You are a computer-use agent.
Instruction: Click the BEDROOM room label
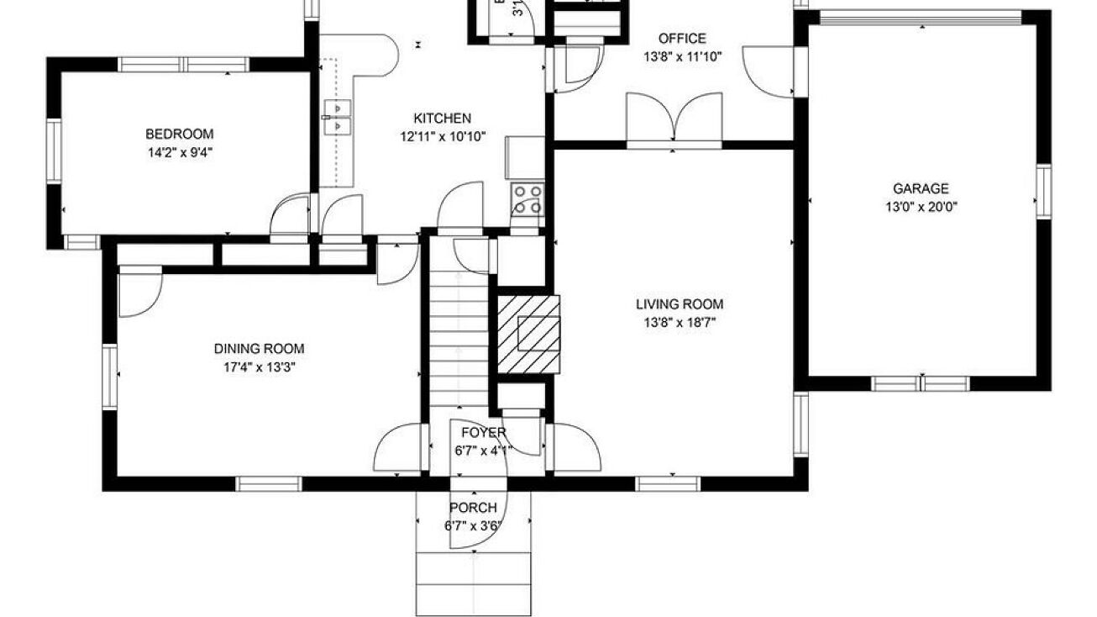tap(179, 134)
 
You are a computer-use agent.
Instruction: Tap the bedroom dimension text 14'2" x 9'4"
tap(179, 152)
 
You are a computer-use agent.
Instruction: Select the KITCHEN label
tap(442, 119)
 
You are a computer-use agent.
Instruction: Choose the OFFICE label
tap(681, 39)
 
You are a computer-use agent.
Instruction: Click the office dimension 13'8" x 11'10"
tap(681, 56)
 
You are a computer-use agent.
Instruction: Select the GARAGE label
tap(921, 189)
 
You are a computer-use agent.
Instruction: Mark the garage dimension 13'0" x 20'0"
tap(921, 207)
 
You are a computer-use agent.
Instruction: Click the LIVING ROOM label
tap(679, 304)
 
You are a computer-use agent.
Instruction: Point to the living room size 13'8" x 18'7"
tap(679, 322)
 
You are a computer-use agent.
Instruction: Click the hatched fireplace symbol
tap(528, 332)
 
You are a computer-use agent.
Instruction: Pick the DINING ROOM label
tap(259, 349)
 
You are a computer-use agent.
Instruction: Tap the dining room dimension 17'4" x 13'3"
tap(259, 367)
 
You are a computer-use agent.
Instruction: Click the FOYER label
tap(483, 433)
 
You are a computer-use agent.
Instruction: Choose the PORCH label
tap(473, 508)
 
